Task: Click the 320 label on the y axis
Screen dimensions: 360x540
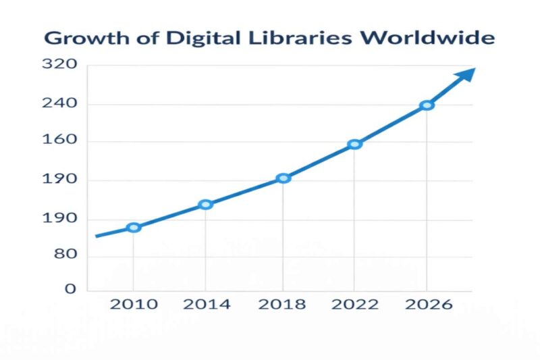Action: pyautogui.click(x=59, y=65)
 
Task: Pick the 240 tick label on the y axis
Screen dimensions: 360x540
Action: pyautogui.click(x=59, y=104)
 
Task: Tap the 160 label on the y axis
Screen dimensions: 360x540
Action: pyautogui.click(x=59, y=142)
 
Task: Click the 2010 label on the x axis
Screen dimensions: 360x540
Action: pyautogui.click(x=134, y=305)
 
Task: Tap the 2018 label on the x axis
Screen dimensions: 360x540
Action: pyautogui.click(x=283, y=305)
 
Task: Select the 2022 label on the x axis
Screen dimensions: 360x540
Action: pyautogui.click(x=355, y=305)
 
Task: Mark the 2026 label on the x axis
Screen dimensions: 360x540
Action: pyautogui.click(x=427, y=305)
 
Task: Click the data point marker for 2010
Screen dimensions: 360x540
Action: pyautogui.click(x=134, y=228)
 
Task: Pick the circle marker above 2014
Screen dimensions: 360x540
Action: pyautogui.click(x=206, y=205)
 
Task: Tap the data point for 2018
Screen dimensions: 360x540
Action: pyautogui.click(x=283, y=178)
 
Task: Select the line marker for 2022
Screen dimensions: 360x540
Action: pyautogui.click(x=355, y=144)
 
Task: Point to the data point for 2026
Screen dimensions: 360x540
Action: pyautogui.click(x=427, y=105)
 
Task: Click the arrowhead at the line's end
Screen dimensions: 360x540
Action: pyautogui.click(x=466, y=74)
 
